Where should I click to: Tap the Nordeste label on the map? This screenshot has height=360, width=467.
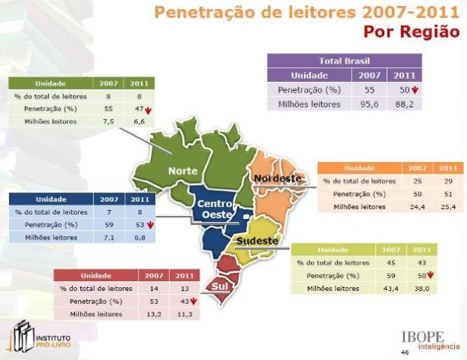[277, 178]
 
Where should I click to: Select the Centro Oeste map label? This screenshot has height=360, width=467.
[215, 210]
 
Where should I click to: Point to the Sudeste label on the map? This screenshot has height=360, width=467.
[258, 241]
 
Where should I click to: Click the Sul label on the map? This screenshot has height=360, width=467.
[219, 286]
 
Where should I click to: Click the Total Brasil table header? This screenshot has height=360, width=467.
[344, 61]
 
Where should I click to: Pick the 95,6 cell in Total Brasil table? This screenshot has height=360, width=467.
[370, 104]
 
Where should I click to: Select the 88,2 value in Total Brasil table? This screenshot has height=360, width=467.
[403, 104]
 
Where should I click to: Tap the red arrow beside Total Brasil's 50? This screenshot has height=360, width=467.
[415, 89]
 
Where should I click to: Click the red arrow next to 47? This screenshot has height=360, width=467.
[149, 108]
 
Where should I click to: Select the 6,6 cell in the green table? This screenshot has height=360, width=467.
[137, 121]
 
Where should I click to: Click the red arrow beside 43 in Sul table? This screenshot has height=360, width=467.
[195, 301]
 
